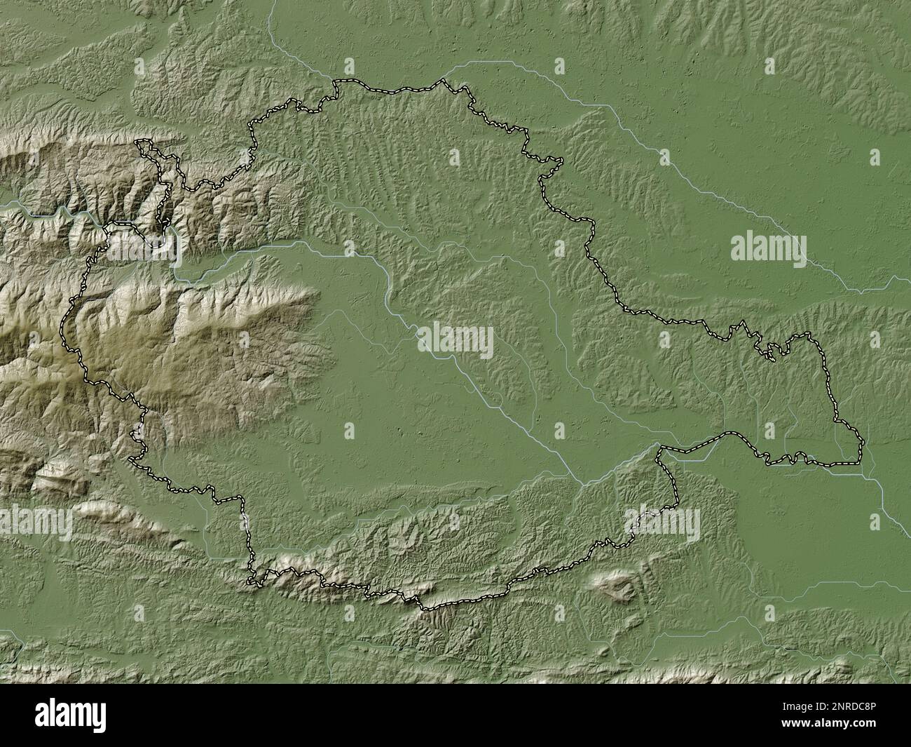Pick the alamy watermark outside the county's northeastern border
[x=769, y=249]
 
